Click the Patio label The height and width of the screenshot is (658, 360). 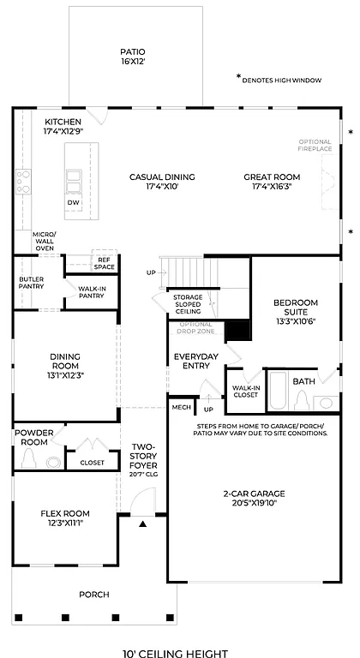pos(133,51)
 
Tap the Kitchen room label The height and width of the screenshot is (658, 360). pos(63,122)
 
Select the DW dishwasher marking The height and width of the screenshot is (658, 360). pos(74,203)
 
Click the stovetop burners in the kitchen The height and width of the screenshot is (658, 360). pos(22,181)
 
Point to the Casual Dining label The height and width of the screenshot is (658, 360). pos(162,177)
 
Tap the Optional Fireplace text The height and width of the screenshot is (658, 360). pos(315,145)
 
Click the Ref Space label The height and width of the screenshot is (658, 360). pos(105,263)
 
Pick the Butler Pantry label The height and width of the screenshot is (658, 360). pos(31,283)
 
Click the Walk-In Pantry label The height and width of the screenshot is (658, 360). pos(92,292)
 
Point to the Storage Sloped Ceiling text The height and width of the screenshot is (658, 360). pos(188,305)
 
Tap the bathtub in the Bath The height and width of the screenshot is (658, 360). pos(279,391)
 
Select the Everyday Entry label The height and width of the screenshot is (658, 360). pos(195,361)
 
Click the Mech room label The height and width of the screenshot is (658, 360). pos(181,408)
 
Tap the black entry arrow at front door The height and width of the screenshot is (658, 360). pos(143,522)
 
